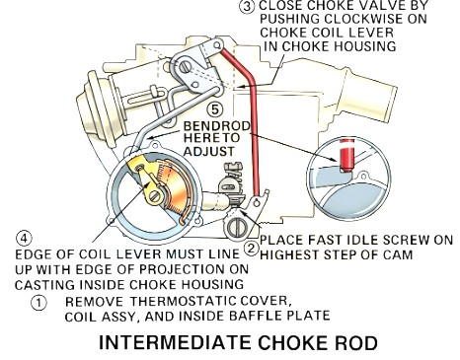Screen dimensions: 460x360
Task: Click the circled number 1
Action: tap(38, 302)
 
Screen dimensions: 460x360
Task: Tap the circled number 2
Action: tap(251, 249)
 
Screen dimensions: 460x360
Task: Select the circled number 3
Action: tap(247, 7)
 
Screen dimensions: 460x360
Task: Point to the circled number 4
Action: tap(24, 239)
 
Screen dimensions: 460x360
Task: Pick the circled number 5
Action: tap(215, 109)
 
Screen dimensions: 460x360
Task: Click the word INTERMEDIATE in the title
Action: tap(175, 343)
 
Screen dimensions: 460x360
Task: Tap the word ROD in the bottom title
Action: tap(357, 343)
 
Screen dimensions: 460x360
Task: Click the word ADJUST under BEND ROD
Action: tap(209, 152)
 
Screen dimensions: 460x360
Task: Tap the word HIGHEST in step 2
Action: tap(289, 254)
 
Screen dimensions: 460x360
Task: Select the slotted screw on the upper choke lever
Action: tap(186, 68)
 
